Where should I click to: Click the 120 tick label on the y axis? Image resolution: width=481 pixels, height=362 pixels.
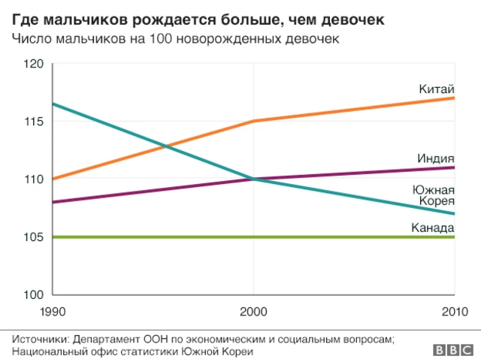point(33,64)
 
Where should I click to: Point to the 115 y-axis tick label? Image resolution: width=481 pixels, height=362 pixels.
point(33,122)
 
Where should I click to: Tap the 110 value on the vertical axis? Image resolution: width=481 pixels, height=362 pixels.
point(33,179)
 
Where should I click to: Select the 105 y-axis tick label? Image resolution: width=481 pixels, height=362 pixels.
point(33,237)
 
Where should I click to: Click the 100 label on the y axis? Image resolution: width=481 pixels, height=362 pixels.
point(33,295)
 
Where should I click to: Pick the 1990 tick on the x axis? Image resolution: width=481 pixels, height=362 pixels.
point(52,311)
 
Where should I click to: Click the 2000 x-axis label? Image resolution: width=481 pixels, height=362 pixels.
point(254,311)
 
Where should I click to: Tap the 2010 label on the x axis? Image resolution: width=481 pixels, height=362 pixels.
point(454,311)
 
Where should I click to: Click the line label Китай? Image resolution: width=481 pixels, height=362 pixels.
point(437,89)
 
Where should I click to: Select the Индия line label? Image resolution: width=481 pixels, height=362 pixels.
point(436,158)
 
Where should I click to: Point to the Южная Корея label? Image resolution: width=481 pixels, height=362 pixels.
point(434,195)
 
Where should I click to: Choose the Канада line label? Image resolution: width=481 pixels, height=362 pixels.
point(433,228)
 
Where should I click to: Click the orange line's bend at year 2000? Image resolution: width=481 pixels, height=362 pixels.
point(254,121)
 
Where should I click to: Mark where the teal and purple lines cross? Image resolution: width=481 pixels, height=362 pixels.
point(254,179)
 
